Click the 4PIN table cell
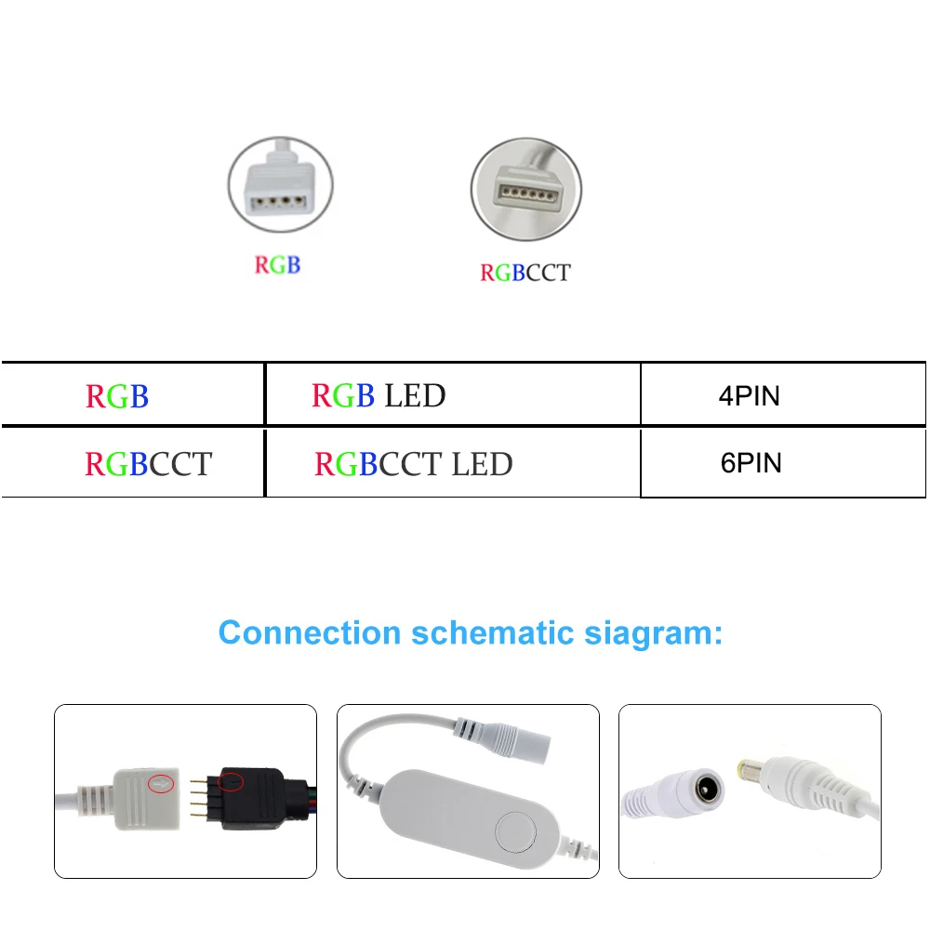(749, 395)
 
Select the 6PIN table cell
(751, 463)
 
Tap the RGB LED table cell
(379, 396)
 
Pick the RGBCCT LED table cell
(414, 464)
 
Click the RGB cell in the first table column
(117, 396)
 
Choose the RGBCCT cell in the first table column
(149, 464)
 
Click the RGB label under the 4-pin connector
(278, 264)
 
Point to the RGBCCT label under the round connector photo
(525, 272)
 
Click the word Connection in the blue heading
(311, 633)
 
